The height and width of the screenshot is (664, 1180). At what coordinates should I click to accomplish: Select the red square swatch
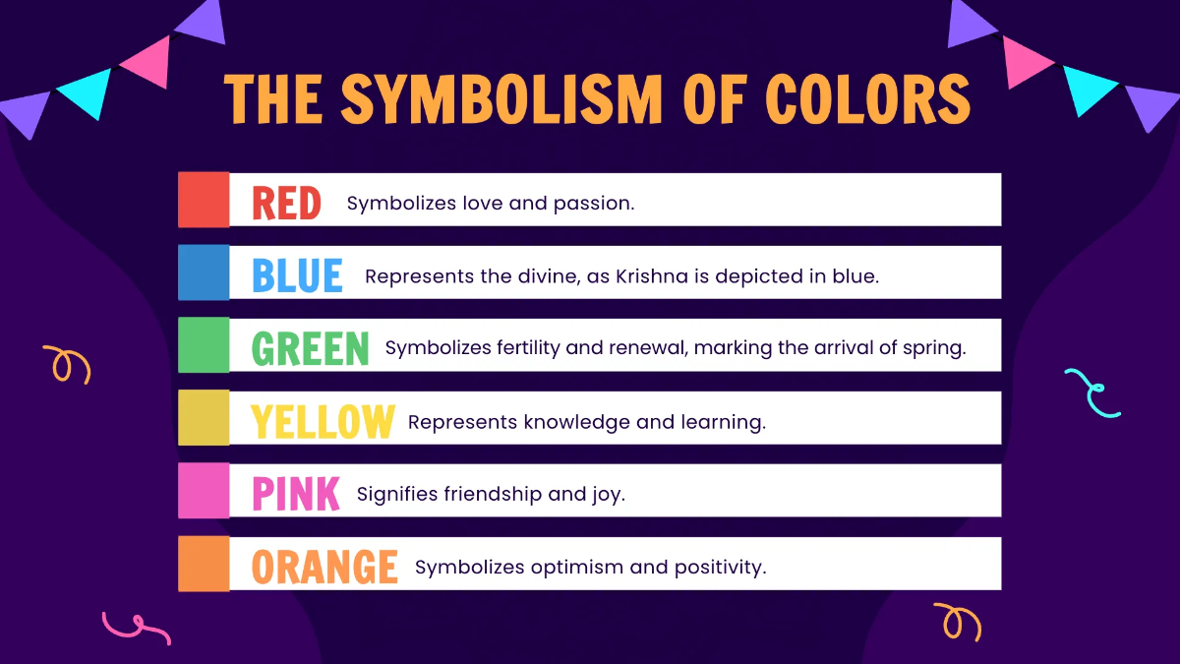(x=204, y=200)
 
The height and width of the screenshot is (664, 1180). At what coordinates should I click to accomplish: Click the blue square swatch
(x=204, y=272)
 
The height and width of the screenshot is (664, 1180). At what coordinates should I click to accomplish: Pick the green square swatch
(x=204, y=345)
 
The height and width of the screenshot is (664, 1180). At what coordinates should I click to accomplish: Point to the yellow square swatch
(x=204, y=418)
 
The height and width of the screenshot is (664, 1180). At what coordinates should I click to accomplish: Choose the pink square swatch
(x=204, y=491)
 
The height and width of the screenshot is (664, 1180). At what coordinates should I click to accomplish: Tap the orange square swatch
(x=204, y=564)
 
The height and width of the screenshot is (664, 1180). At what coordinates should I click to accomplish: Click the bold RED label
(x=286, y=204)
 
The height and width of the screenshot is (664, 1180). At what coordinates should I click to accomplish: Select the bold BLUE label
(x=297, y=276)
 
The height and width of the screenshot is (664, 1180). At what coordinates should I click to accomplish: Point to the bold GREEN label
(x=311, y=349)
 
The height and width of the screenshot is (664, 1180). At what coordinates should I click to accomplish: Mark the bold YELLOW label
(x=323, y=422)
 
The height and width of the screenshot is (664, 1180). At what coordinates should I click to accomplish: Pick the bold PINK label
(x=296, y=495)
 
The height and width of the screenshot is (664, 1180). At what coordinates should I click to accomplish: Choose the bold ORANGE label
(x=324, y=568)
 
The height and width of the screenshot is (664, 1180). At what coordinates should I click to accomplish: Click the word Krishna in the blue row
(x=650, y=276)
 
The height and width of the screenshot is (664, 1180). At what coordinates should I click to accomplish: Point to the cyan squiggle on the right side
(x=1092, y=392)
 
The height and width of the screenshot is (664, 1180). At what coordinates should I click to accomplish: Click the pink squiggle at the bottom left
(x=135, y=628)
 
